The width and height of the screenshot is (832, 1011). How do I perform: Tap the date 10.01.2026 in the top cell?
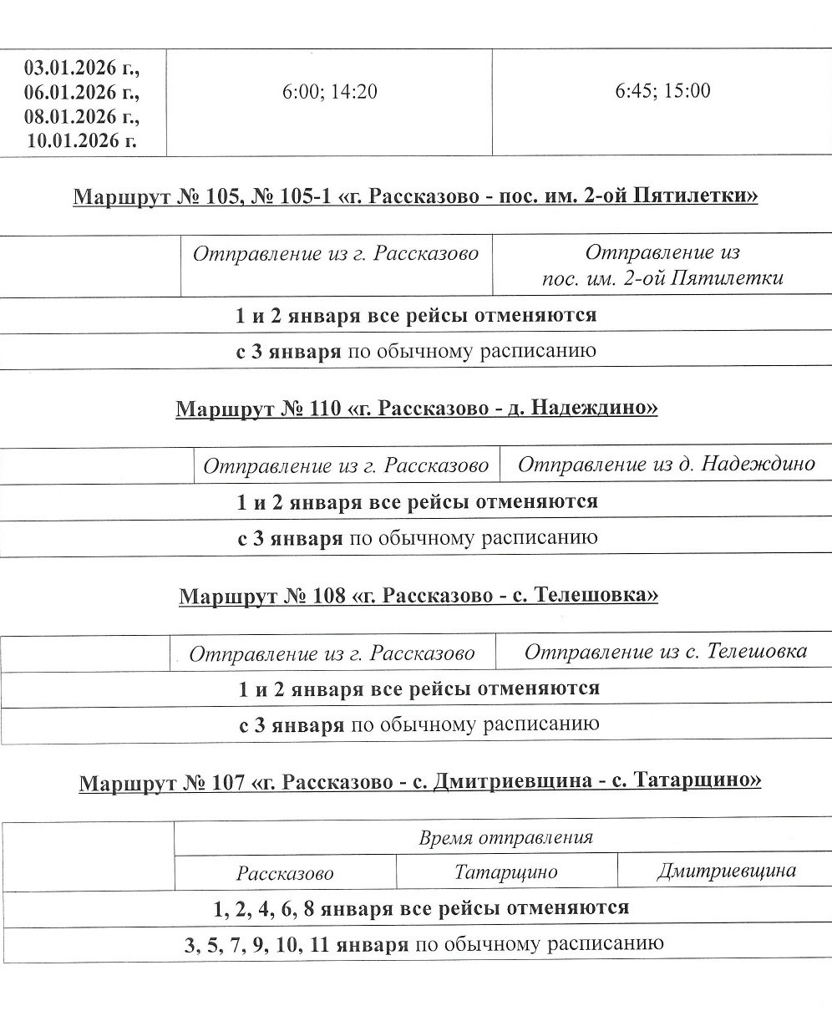point(82,139)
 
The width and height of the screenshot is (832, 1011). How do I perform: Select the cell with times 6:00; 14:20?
point(329,91)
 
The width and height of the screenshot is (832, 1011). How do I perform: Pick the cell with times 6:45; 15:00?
point(662,90)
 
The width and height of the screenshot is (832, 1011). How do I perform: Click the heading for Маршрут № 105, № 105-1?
point(416,197)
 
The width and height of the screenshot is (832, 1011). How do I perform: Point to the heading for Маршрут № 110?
point(416,409)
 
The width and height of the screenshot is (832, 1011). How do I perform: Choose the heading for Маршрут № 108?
point(419,596)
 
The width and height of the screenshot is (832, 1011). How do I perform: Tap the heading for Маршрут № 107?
point(420,782)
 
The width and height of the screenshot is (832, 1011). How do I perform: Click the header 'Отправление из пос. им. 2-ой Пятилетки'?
point(662,265)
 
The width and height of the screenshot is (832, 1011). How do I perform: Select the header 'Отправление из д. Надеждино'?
point(666,465)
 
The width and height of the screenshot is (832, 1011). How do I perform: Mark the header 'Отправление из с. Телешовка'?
point(665,652)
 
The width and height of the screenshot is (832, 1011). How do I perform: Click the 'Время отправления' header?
point(505,838)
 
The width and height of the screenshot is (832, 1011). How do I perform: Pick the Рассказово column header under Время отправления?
point(285,874)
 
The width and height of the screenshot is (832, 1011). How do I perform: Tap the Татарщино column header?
point(506,873)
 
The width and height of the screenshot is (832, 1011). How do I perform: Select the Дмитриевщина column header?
point(726,872)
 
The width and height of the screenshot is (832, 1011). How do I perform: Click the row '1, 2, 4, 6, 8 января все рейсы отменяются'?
point(416,908)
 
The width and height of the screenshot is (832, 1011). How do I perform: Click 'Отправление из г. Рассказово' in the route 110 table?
point(346,465)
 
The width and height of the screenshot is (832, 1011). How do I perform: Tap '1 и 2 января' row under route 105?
point(416,316)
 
